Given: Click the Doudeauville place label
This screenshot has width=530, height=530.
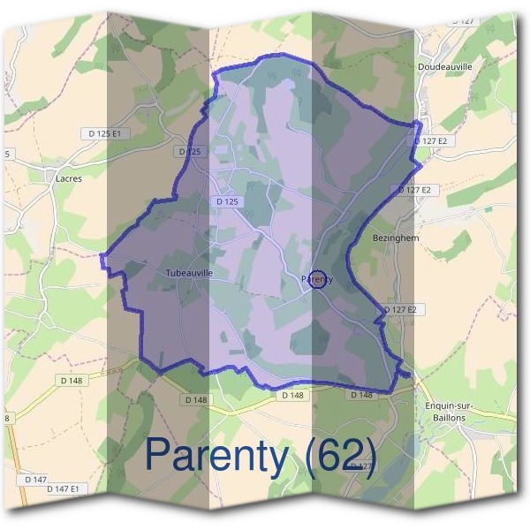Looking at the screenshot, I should [444, 66].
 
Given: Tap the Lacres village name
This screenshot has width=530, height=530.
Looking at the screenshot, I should [68, 178].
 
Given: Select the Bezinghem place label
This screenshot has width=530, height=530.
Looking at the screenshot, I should [396, 238].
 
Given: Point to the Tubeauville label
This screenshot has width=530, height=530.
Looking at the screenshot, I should [189, 274].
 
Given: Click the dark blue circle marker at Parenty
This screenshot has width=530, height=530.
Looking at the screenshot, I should [320, 279].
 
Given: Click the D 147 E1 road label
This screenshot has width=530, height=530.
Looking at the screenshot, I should [63, 488].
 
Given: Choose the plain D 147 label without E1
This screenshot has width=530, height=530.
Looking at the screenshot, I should [35, 479].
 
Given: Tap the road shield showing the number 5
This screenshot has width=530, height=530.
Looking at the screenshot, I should [8, 154].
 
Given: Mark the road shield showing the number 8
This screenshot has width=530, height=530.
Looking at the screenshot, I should [7, 418].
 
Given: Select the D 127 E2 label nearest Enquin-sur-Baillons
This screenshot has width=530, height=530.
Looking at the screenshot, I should [399, 309].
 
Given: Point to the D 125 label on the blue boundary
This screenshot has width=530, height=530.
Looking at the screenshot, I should [189, 152].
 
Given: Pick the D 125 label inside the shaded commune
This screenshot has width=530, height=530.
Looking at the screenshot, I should [227, 201].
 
